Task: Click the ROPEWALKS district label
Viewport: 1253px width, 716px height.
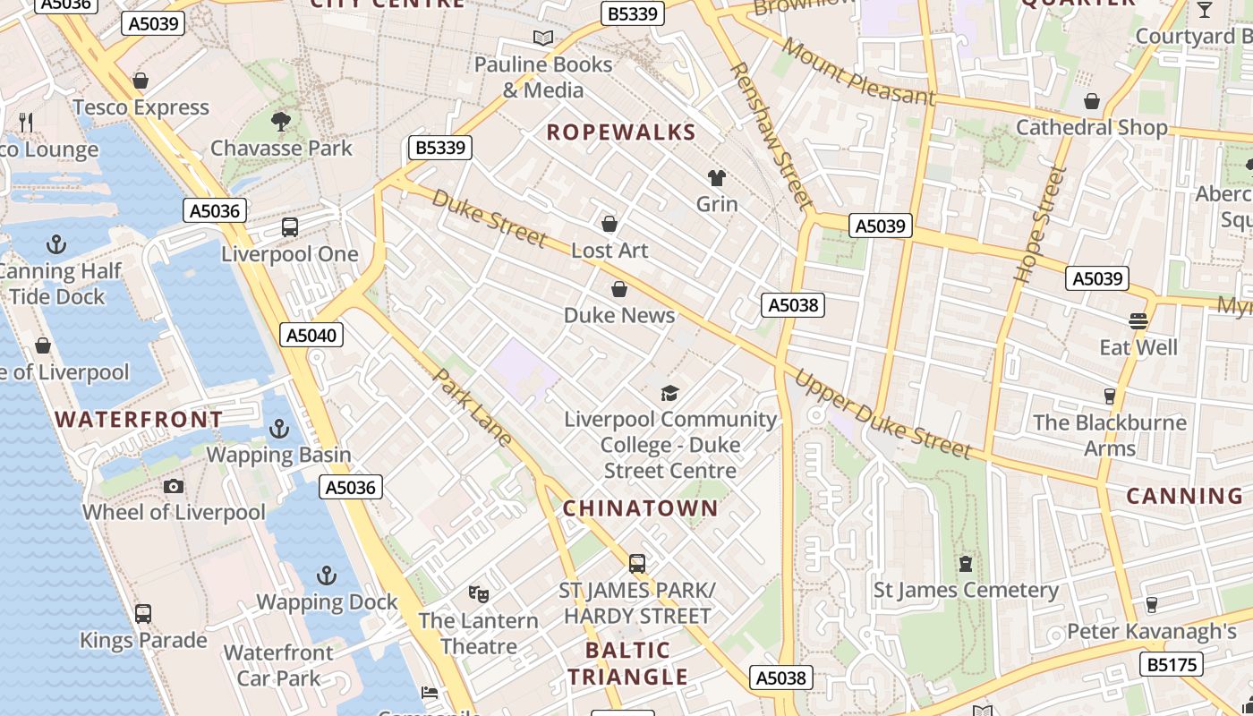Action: point(621,132)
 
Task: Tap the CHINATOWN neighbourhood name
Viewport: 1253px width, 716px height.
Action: point(641,508)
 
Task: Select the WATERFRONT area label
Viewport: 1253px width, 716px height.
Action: point(139,420)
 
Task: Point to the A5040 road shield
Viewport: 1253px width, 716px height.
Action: point(311,336)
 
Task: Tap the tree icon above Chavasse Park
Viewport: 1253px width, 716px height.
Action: point(281,121)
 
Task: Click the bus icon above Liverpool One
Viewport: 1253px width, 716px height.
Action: point(290,227)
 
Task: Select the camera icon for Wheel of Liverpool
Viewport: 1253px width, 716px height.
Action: point(174,486)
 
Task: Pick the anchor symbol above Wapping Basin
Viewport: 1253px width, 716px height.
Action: point(279,430)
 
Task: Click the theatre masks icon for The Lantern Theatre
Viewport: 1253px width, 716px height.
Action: point(479,593)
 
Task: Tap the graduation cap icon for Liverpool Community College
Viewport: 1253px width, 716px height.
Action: point(669,393)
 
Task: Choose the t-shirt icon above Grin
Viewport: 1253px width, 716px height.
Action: point(717,177)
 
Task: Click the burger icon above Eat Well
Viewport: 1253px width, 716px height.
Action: point(1138,320)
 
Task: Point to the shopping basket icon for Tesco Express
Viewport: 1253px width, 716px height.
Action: point(141,81)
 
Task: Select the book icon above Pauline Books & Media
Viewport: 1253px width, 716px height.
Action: point(543,38)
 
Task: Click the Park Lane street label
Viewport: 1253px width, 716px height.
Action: point(473,407)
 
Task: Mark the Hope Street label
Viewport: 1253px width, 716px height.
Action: point(1040,226)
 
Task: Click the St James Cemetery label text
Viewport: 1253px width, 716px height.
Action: point(966,591)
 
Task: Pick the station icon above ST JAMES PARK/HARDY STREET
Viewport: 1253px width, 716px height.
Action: point(637,564)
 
